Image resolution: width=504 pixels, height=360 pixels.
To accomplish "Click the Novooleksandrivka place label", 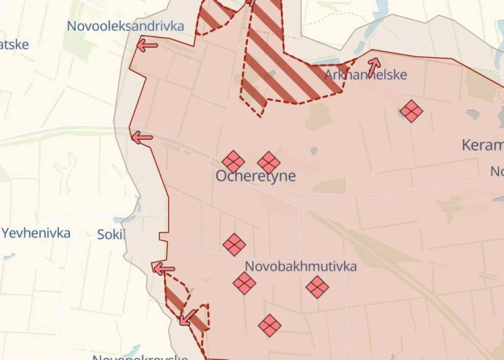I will [x=125, y=26].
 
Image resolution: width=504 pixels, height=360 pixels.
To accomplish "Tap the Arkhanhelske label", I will [x=366, y=75].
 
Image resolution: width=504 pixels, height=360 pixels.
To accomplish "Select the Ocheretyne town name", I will [x=255, y=176].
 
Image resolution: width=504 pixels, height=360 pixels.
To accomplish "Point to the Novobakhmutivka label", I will [x=300, y=266].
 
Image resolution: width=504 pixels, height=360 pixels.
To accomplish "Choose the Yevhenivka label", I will [x=36, y=233].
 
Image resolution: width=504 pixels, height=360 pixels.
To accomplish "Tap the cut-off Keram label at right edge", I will [x=483, y=144].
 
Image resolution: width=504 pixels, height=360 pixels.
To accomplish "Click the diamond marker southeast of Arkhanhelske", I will [x=411, y=111].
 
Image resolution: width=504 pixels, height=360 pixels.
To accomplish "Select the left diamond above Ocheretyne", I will [x=233, y=161].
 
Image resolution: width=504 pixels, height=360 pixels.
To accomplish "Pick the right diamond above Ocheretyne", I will [x=269, y=162].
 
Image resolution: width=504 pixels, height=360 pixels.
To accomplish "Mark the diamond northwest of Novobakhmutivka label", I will [x=234, y=244].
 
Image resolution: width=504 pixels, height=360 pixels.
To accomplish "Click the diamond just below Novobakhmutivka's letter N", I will [x=245, y=283].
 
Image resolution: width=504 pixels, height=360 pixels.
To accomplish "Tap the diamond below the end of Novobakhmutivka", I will [x=317, y=287].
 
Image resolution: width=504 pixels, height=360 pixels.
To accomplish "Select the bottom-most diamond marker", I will [x=269, y=325].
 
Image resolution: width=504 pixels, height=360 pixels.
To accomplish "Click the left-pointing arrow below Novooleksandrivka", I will [x=147, y=46].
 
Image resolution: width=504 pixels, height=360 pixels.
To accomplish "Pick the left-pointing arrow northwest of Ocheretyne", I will [x=142, y=138].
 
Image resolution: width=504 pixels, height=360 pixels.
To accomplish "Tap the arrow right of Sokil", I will [x=163, y=269].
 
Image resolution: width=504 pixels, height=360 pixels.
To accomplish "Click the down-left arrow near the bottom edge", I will [x=187, y=316].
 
